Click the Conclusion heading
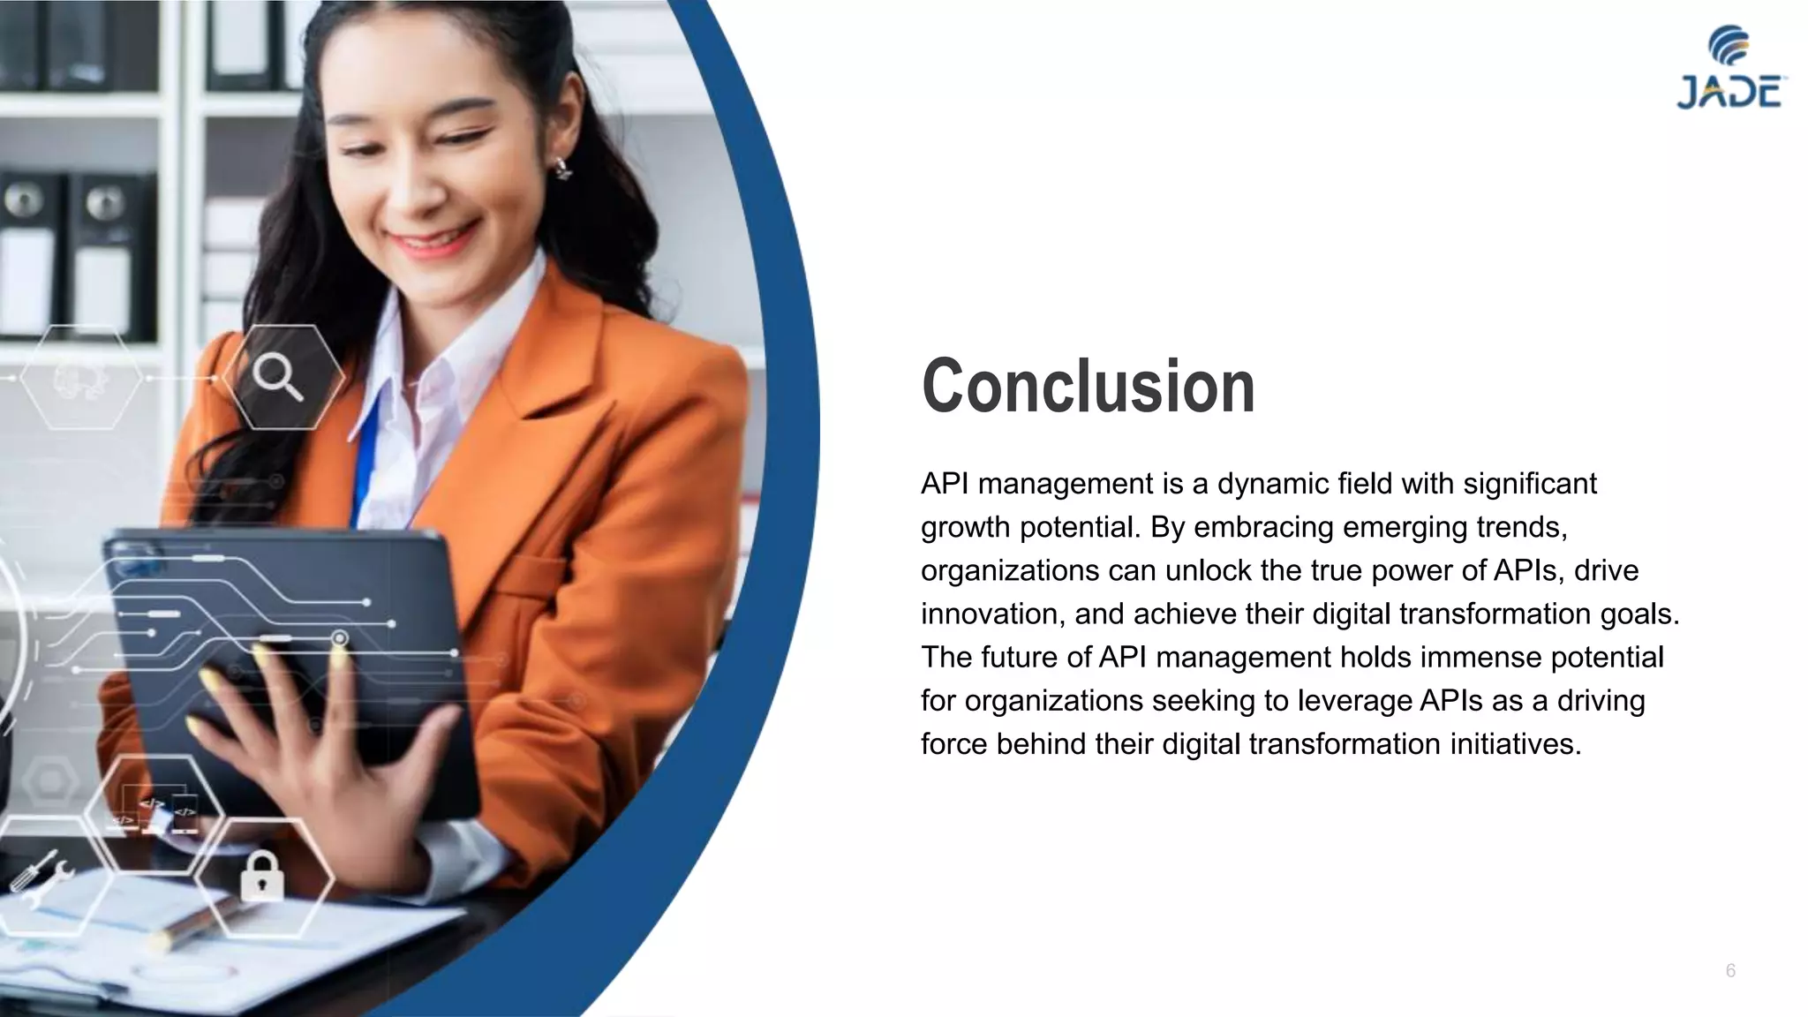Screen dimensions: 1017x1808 tap(1088, 386)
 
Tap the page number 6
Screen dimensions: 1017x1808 tap(1730, 971)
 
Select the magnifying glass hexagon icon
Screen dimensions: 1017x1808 tap(281, 378)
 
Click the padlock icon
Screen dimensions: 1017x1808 tap(262, 876)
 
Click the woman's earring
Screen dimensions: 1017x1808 tap(561, 168)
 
